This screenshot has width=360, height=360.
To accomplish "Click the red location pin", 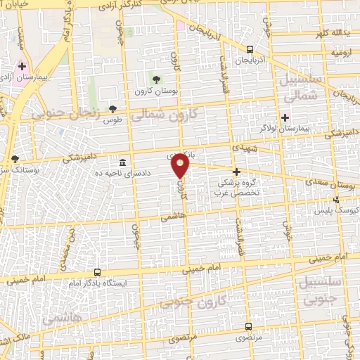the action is (x=181, y=165).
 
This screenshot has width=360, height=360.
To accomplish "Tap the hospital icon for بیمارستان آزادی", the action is (x=22, y=66).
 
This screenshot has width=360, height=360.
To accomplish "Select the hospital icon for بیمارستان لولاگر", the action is (x=285, y=117).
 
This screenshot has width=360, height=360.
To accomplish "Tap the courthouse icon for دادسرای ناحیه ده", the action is (x=123, y=161).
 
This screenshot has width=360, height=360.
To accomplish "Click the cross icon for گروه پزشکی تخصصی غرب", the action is (x=236, y=171).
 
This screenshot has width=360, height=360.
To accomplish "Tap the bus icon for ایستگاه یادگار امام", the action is (x=97, y=272).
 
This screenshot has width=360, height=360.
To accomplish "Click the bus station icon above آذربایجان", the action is (x=251, y=49).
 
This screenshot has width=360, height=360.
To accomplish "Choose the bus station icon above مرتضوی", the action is (x=248, y=326).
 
